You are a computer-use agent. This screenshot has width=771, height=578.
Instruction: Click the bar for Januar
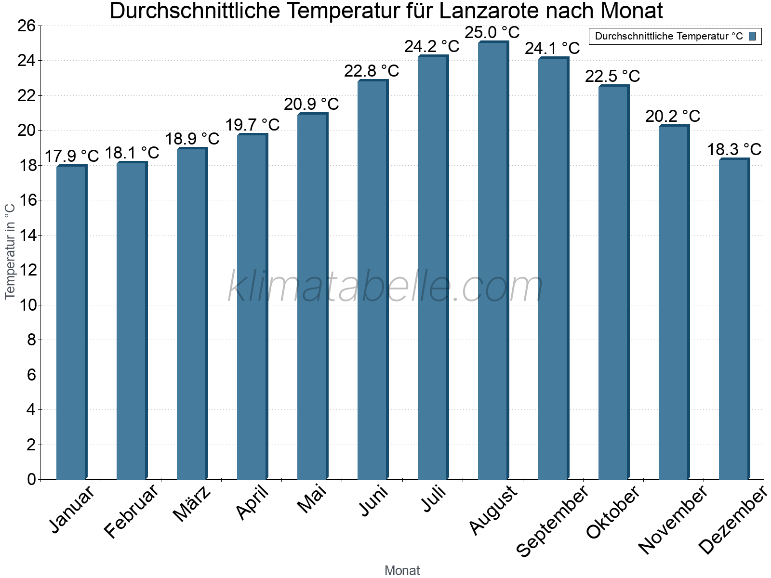(71, 323)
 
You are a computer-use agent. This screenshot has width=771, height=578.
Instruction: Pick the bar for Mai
(312, 296)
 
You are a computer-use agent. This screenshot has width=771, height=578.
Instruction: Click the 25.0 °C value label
(492, 33)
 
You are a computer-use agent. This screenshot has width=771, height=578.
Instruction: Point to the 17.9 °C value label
(71, 156)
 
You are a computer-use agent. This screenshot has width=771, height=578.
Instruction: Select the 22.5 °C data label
(612, 76)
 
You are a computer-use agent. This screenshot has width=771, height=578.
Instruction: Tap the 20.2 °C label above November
(673, 116)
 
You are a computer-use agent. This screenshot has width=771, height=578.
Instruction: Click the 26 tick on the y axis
(27, 26)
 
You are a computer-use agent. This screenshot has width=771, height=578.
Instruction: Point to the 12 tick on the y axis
(27, 270)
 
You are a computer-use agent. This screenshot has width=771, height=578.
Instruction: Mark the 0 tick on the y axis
(32, 479)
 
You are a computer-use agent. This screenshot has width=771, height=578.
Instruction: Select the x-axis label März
(192, 504)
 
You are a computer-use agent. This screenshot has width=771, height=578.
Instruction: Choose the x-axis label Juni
(373, 501)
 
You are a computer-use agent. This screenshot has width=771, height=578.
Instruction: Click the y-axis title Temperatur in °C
(10, 251)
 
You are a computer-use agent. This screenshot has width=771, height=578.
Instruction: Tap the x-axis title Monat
(402, 570)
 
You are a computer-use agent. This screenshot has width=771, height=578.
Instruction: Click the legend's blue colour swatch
(752, 36)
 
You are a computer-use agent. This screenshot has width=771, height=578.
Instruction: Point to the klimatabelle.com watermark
(385, 287)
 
